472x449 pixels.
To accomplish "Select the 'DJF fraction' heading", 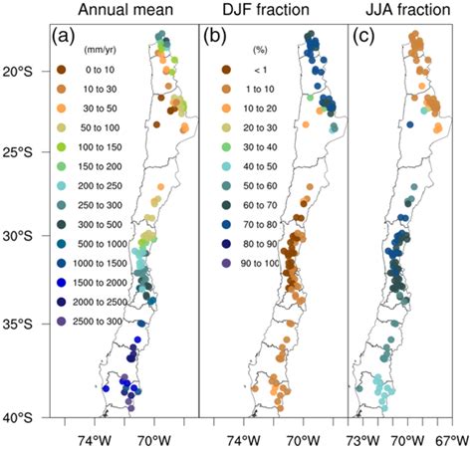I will coord(269,13).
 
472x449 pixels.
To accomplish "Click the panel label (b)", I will coord(218,41).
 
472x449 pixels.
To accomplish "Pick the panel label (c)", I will coord(364,41).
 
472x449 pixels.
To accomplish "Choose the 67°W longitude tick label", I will coord(451,437).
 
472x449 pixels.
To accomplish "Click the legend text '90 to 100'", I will coord(246,265).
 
